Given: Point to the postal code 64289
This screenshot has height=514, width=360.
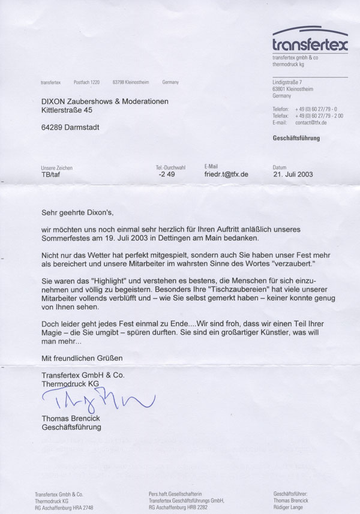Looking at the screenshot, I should tap(53, 127).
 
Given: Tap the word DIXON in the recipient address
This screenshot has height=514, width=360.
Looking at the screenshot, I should tap(56, 101).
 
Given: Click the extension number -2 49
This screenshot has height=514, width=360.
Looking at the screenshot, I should tap(166, 175).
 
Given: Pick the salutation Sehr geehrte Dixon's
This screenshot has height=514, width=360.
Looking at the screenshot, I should tap(77, 212).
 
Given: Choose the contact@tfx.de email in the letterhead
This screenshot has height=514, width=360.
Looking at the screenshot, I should tap(311, 122).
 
